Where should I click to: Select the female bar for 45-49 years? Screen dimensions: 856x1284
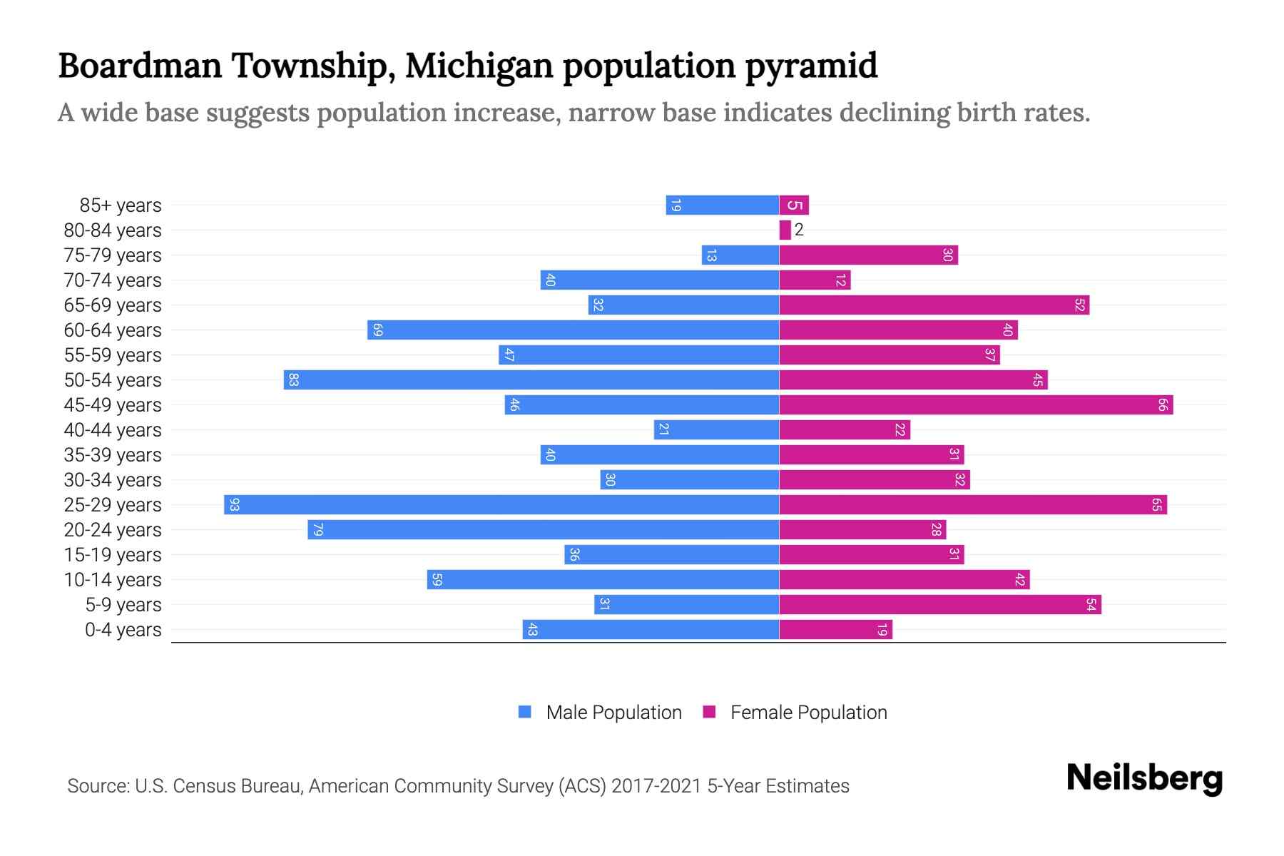(976, 405)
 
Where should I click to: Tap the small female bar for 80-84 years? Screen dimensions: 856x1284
(785, 230)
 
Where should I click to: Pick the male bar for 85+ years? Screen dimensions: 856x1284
(722, 205)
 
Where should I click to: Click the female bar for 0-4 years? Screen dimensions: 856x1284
(835, 630)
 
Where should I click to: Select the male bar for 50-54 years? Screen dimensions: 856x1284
(531, 380)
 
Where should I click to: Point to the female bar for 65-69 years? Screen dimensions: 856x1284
(934, 305)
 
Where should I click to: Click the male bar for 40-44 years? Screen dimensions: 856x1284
(716, 430)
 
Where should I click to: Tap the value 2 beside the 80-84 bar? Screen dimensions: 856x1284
(799, 230)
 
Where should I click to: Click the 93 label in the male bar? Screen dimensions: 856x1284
(235, 505)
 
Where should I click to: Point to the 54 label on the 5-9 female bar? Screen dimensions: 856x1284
(1091, 605)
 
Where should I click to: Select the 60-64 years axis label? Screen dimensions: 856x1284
(113, 330)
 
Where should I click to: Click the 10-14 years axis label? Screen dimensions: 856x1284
(113, 580)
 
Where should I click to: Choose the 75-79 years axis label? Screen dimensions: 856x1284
(113, 255)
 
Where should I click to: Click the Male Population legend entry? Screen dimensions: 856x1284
(613, 713)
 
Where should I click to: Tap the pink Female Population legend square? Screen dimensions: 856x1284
(709, 712)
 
